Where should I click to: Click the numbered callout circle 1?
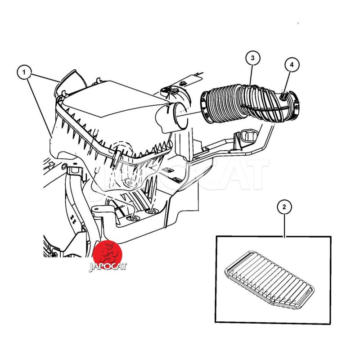tap(24, 72)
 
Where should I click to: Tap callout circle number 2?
tap(284, 207)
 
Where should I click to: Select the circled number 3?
tap(252, 58)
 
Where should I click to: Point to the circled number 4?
tap(292, 65)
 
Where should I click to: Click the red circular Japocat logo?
tap(107, 254)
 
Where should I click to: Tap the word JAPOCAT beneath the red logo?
tap(108, 267)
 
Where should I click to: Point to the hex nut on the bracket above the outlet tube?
tap(183, 83)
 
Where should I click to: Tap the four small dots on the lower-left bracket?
tap(73, 220)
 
